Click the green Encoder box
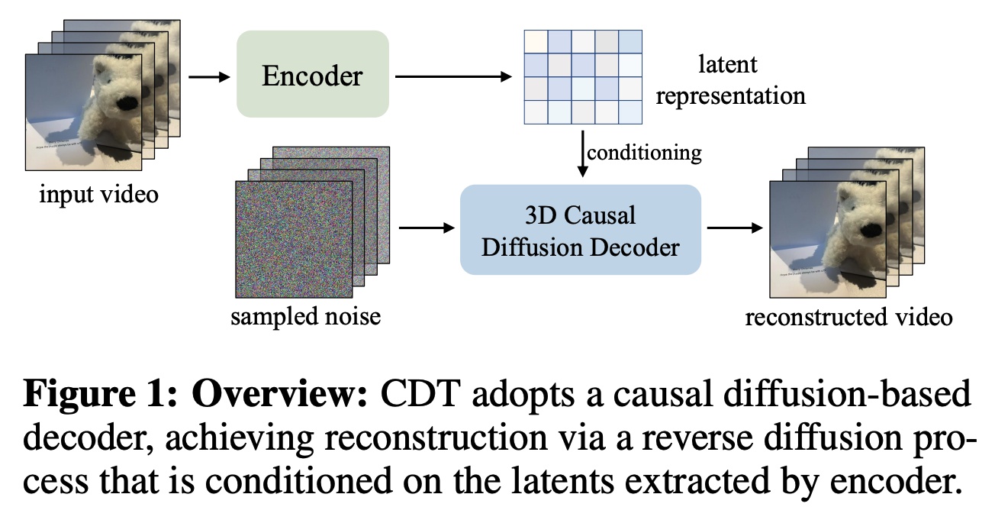click(x=313, y=74)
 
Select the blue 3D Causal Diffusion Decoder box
click(x=580, y=230)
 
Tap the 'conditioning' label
click(x=643, y=152)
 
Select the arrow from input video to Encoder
click(x=208, y=76)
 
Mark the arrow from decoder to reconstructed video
click(x=734, y=228)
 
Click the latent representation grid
click(x=582, y=76)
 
